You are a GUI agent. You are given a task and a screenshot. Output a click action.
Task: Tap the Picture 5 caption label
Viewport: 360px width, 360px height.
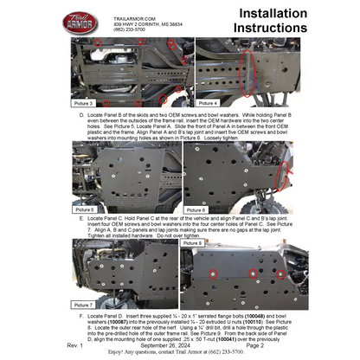(86, 209)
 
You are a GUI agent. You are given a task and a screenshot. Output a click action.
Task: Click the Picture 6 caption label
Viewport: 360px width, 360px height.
(196, 209)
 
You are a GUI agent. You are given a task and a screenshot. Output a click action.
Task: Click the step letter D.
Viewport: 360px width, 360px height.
(80, 114)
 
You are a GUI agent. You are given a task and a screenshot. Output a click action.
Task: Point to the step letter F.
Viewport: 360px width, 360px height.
(80, 316)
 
